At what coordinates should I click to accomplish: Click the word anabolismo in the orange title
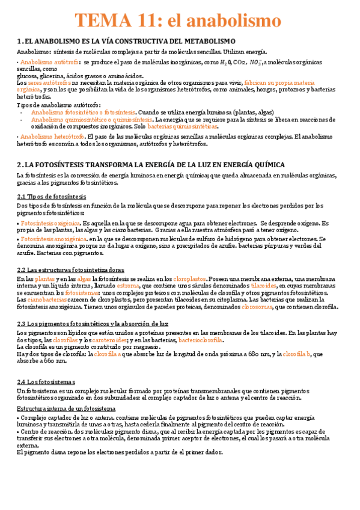[x=233, y=22]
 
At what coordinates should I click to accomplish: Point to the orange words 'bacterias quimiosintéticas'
[x=183, y=127]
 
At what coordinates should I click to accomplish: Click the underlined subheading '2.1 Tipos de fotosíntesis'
[x=52, y=197]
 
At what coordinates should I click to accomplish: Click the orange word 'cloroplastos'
[x=189, y=280]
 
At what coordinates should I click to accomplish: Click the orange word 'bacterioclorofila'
[x=200, y=340]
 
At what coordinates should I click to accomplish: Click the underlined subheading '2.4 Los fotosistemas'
[x=46, y=381]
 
